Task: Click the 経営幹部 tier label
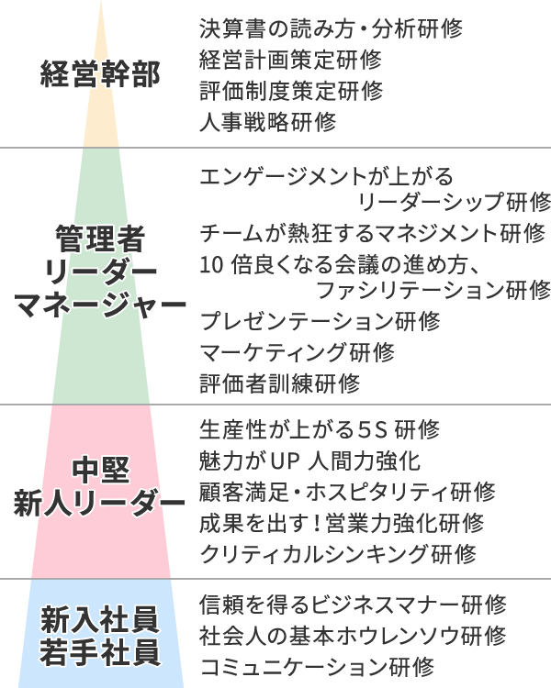100,73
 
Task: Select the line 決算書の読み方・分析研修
331,29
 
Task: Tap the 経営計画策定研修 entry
290,60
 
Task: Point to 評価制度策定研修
291,91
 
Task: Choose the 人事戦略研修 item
267,122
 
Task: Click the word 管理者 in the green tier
100,239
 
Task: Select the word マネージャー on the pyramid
100,305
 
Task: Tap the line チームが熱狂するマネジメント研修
372,233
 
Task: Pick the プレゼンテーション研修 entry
320,321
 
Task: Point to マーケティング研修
297,352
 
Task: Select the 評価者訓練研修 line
279,383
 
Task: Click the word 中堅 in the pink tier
101,470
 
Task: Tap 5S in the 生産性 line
373,429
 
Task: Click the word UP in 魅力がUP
285,461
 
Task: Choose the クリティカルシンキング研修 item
338,554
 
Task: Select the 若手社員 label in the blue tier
100,652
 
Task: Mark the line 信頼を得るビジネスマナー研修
353,605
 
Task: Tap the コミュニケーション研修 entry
317,667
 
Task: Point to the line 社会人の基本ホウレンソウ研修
353,636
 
